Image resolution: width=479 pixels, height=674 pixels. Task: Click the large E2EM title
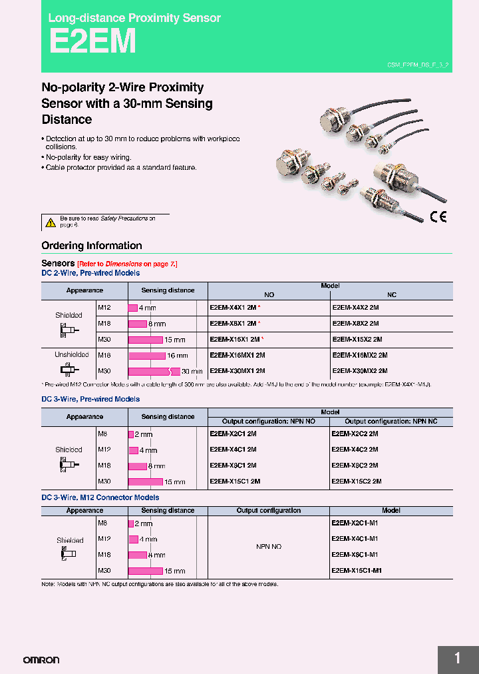click(x=92, y=41)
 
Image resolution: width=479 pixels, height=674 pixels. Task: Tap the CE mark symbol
click(x=438, y=216)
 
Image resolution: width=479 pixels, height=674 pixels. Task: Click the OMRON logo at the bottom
click(x=41, y=660)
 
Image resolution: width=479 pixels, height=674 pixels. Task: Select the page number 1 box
click(x=458, y=659)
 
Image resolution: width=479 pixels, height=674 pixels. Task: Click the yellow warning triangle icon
click(x=50, y=222)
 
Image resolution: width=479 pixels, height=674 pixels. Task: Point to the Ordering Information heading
click(x=92, y=246)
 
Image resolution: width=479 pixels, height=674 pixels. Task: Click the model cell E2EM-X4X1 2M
click(x=233, y=308)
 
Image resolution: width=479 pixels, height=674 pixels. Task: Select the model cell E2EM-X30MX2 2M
click(x=359, y=371)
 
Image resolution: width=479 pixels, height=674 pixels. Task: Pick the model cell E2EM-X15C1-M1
click(x=355, y=571)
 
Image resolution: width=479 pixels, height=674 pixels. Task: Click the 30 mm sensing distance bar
click(x=154, y=371)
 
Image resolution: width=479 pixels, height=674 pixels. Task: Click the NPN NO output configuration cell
click(x=269, y=547)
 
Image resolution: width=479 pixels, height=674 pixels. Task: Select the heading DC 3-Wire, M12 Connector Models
click(x=100, y=498)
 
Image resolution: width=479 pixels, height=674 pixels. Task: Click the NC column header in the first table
click(x=392, y=294)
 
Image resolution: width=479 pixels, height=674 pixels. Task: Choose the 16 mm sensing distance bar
click(x=146, y=356)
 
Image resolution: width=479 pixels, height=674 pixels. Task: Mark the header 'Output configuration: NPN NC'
click(x=391, y=422)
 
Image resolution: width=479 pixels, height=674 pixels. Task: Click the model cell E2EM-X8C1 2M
click(x=233, y=466)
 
